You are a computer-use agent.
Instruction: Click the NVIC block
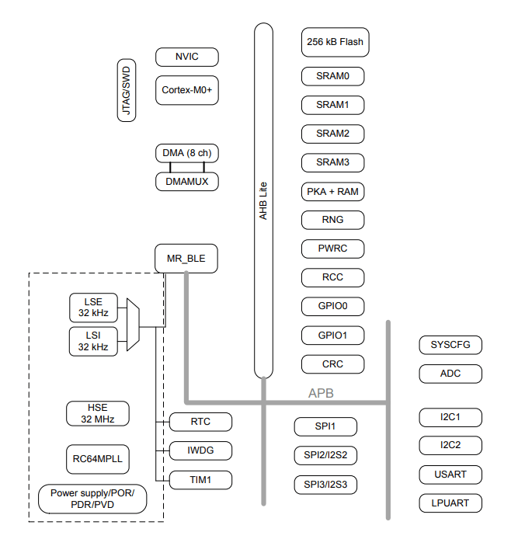click(x=186, y=57)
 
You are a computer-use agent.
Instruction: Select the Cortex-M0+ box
click(x=186, y=90)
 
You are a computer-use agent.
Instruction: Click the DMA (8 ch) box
click(x=186, y=153)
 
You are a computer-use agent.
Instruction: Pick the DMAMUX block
click(x=186, y=182)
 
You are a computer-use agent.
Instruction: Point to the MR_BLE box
click(x=186, y=259)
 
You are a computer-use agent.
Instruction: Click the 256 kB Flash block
click(x=334, y=42)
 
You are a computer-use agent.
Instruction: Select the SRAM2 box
click(x=332, y=134)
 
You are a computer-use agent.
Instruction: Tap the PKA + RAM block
click(x=332, y=191)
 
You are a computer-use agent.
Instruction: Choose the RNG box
click(x=332, y=220)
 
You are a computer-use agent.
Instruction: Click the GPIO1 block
click(x=332, y=336)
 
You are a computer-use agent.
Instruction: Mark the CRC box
click(x=332, y=363)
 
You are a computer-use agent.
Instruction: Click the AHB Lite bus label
click(x=263, y=200)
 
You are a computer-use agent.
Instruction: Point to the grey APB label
click(x=321, y=393)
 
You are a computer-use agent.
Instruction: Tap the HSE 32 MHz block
click(x=97, y=413)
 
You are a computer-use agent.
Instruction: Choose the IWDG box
click(x=200, y=450)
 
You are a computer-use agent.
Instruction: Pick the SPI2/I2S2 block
click(x=325, y=455)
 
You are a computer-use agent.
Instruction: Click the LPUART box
click(x=450, y=503)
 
